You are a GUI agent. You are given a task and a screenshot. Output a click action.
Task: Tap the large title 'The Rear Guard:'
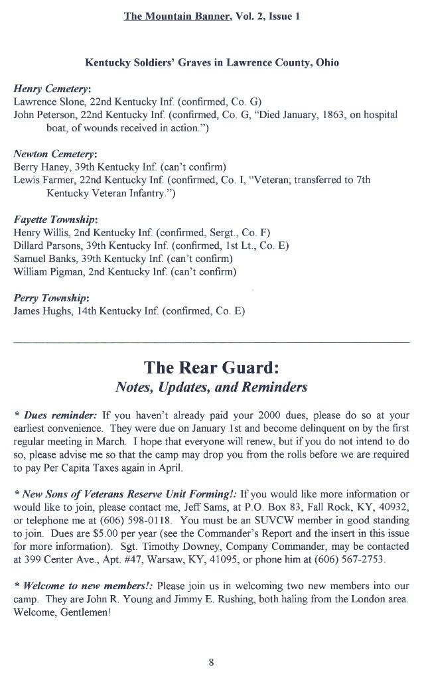(x=212, y=366)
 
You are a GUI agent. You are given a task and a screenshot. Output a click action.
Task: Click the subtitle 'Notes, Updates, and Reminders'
(x=211, y=387)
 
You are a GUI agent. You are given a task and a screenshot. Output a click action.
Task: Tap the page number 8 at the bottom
(x=211, y=661)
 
